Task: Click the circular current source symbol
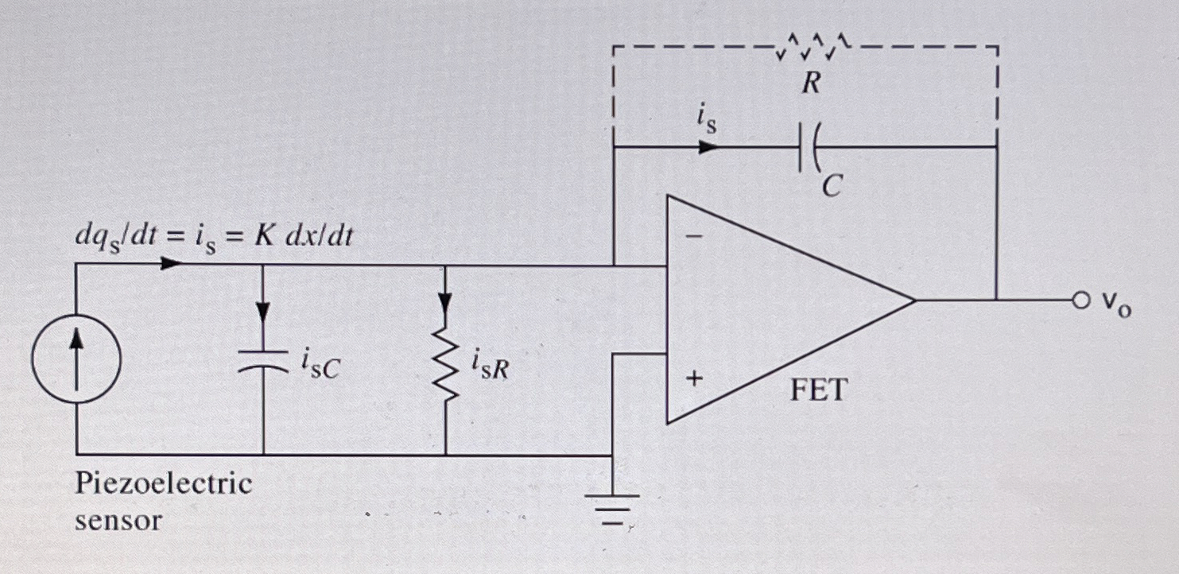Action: pos(76,358)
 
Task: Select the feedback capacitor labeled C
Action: pos(809,147)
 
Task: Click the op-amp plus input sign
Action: pos(693,379)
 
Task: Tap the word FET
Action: pos(819,390)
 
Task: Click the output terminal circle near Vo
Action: pos(1080,301)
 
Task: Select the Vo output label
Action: pos(1115,304)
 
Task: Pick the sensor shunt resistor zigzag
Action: pos(445,367)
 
